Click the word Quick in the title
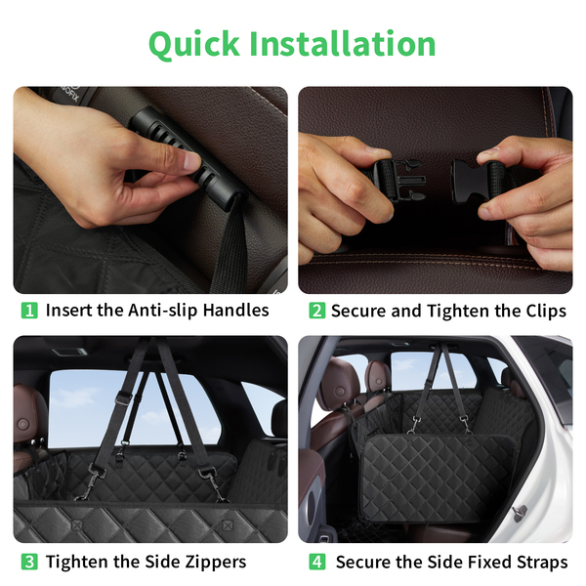[194, 45]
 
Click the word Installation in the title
[343, 43]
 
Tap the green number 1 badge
[29, 311]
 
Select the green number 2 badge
[316, 311]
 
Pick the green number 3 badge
[29, 563]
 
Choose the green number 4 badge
[316, 563]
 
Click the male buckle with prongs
[399, 180]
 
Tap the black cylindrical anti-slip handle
[187, 158]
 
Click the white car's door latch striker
[521, 512]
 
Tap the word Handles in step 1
[235, 311]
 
